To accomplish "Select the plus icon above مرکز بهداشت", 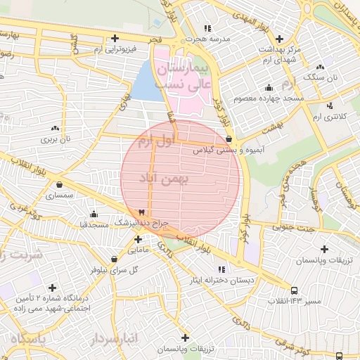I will tap(280, 38).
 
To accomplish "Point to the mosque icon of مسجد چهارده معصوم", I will tap(269, 87).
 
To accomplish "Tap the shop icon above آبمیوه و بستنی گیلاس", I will tap(229, 139).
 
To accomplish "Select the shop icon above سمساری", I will tap(59, 185).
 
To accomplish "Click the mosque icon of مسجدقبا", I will tap(94, 214).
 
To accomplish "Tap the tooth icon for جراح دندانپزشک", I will tap(142, 212).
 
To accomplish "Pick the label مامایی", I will tap(138, 250).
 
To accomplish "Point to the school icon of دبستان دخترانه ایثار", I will tap(221, 269).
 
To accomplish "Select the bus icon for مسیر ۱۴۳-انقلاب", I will tap(294, 290).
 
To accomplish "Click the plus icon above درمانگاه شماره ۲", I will tap(52, 288).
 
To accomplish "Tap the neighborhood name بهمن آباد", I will tap(166, 180).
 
